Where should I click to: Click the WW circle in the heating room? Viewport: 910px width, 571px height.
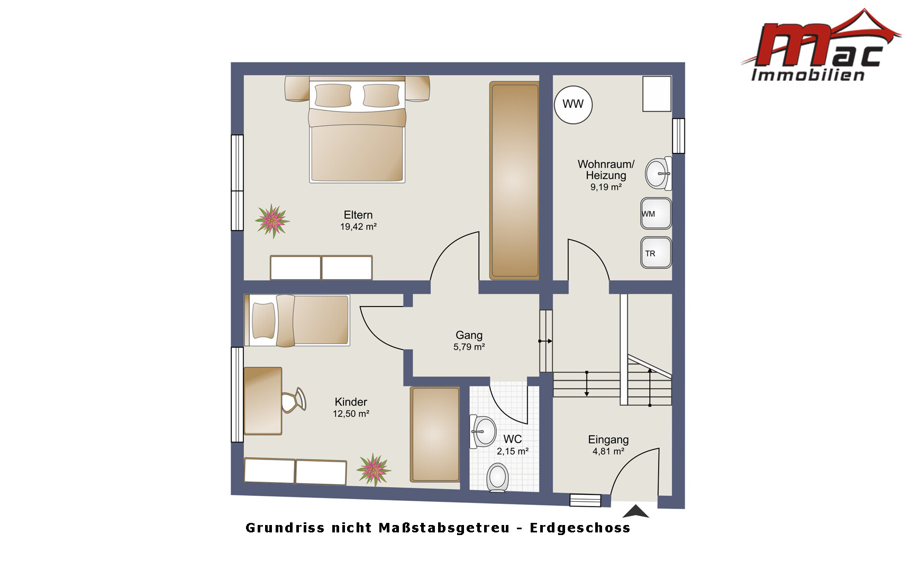point(573,105)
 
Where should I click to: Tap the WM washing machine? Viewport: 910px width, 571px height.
point(656,214)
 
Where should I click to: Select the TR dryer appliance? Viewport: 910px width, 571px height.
point(656,253)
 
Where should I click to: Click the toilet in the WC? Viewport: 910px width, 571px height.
point(497,477)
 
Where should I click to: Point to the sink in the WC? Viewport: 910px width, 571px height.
point(483,431)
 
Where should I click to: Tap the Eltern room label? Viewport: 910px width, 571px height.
point(358,215)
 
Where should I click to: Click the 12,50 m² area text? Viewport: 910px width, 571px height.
point(351,414)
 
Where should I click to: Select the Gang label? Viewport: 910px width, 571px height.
point(469,335)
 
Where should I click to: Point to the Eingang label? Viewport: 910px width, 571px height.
point(608,440)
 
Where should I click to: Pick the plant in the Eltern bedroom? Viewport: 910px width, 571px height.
point(272,220)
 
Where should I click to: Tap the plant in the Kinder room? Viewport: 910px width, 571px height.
point(374,469)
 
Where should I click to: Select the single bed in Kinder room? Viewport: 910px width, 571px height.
point(297,320)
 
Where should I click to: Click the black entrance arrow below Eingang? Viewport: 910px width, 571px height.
point(636,511)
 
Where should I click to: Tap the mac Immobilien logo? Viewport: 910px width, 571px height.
point(821,46)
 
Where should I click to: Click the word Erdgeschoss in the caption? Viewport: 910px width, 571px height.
point(580,528)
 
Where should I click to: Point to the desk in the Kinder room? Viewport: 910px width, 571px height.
point(263,401)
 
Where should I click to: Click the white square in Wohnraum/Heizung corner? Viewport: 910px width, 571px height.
point(657,94)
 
